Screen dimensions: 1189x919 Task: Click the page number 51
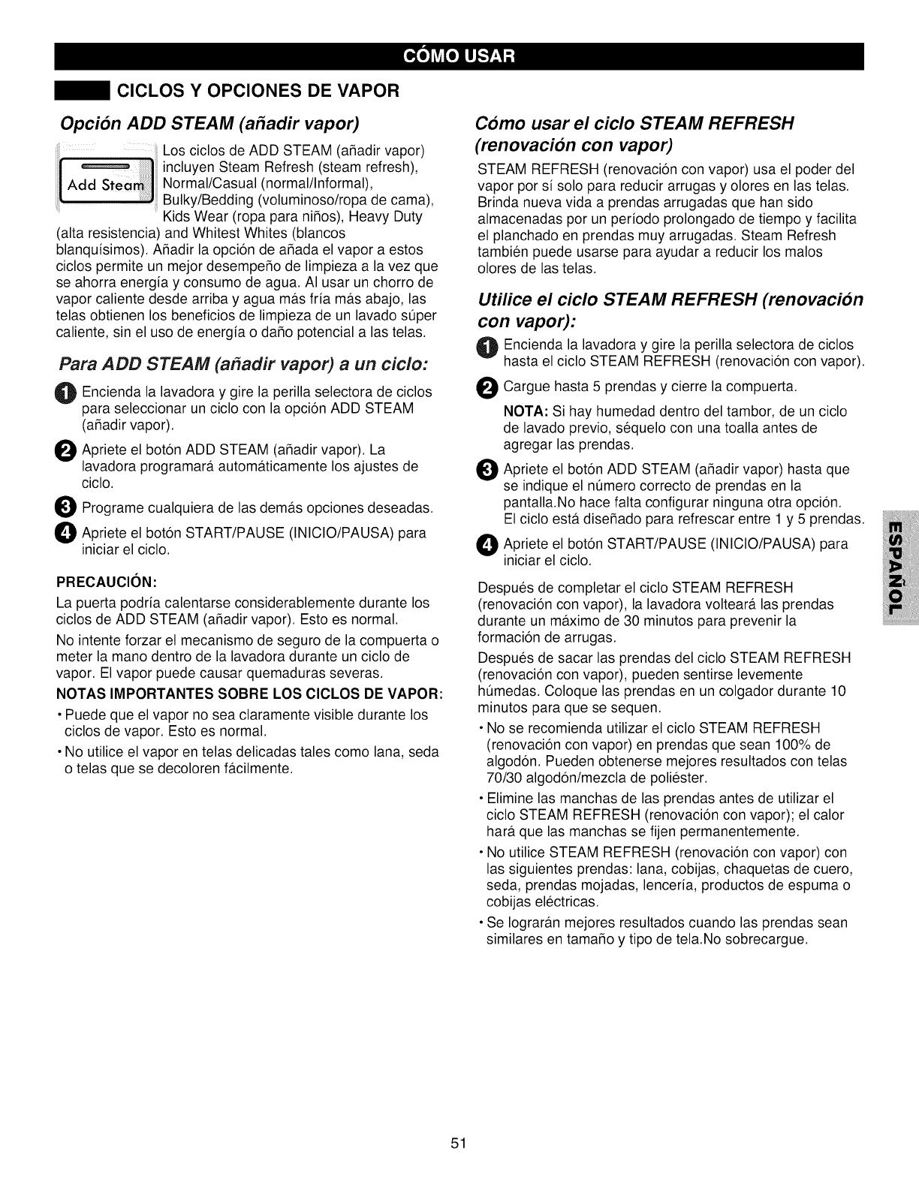tap(459, 1143)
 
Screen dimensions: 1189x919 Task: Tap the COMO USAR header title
tap(459, 56)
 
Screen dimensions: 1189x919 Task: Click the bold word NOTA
tap(524, 412)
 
